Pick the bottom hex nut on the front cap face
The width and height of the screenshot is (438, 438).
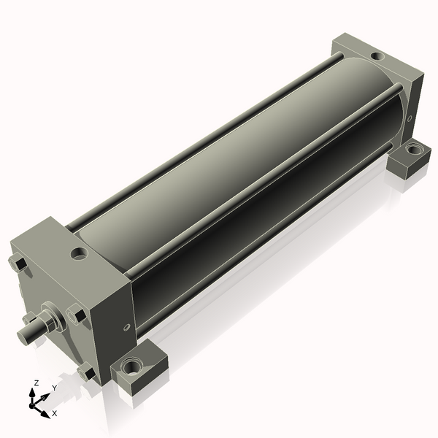pyautogui.click(x=86, y=373)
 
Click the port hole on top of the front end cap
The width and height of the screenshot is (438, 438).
pyautogui.click(x=79, y=254)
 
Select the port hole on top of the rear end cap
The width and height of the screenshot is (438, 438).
pyautogui.click(x=375, y=55)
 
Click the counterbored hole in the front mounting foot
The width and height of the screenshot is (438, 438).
pyautogui.click(x=133, y=365)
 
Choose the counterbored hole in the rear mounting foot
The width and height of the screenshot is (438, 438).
pyautogui.click(x=413, y=150)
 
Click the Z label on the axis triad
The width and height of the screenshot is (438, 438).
pyautogui.click(x=36, y=383)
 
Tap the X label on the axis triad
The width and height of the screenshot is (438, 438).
pyautogui.click(x=54, y=413)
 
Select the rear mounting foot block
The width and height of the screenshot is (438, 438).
pyautogui.click(x=409, y=159)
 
